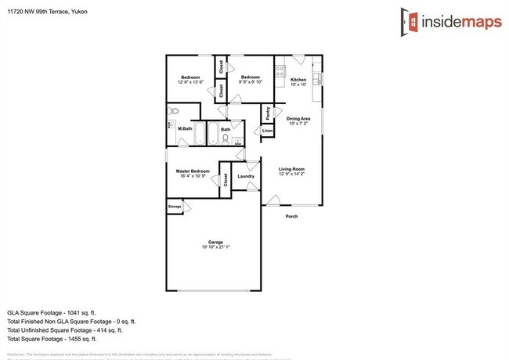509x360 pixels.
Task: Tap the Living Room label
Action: click(291, 169)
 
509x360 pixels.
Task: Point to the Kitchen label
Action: click(298, 80)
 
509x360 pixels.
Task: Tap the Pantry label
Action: click(268, 113)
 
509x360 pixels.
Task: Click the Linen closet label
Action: click(267, 130)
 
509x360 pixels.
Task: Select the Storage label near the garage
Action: click(174, 207)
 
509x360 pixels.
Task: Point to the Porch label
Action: click(291, 217)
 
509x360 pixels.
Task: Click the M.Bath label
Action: click(185, 128)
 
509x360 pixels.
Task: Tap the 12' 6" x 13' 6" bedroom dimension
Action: click(192, 81)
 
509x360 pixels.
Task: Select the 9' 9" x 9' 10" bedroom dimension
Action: click(251, 81)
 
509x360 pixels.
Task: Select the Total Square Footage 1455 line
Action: click(51, 339)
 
